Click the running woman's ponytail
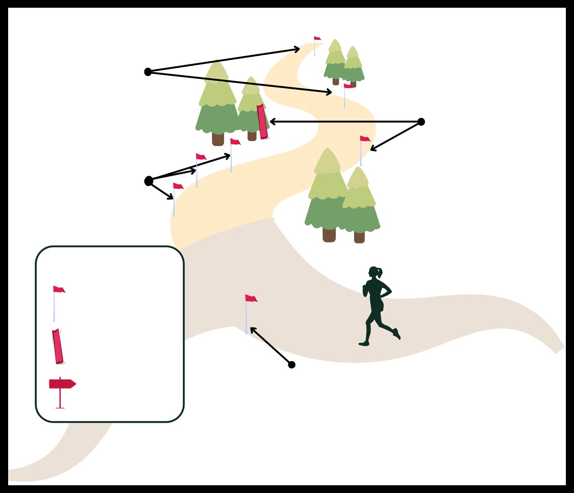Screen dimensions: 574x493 coord(380,272)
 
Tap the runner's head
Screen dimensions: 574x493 coord(373,272)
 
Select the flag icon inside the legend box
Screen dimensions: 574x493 coord(58,290)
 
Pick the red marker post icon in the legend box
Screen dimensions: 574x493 coord(58,346)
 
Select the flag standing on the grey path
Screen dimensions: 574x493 coord(251,299)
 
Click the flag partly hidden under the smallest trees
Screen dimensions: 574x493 coord(347,86)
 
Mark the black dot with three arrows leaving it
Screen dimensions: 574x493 coord(149,181)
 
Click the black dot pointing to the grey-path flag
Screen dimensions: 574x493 coord(292,365)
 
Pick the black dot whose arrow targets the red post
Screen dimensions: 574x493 coord(421,122)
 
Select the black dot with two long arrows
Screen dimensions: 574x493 coord(148,72)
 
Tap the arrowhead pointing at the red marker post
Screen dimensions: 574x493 coord(272,122)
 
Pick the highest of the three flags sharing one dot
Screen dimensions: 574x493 coord(235,142)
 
